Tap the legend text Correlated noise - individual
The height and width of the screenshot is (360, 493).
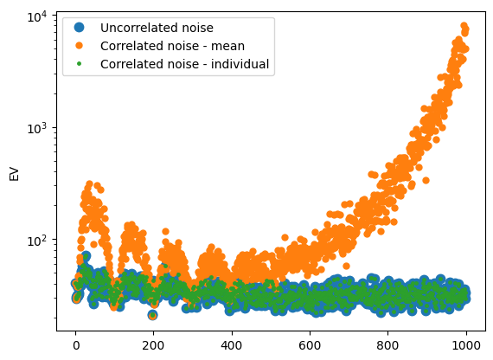(x=184, y=64)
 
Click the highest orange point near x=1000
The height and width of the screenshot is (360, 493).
(x=464, y=26)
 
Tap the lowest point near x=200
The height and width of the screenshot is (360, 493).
(x=153, y=315)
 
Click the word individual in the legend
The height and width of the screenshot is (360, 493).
(x=240, y=64)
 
